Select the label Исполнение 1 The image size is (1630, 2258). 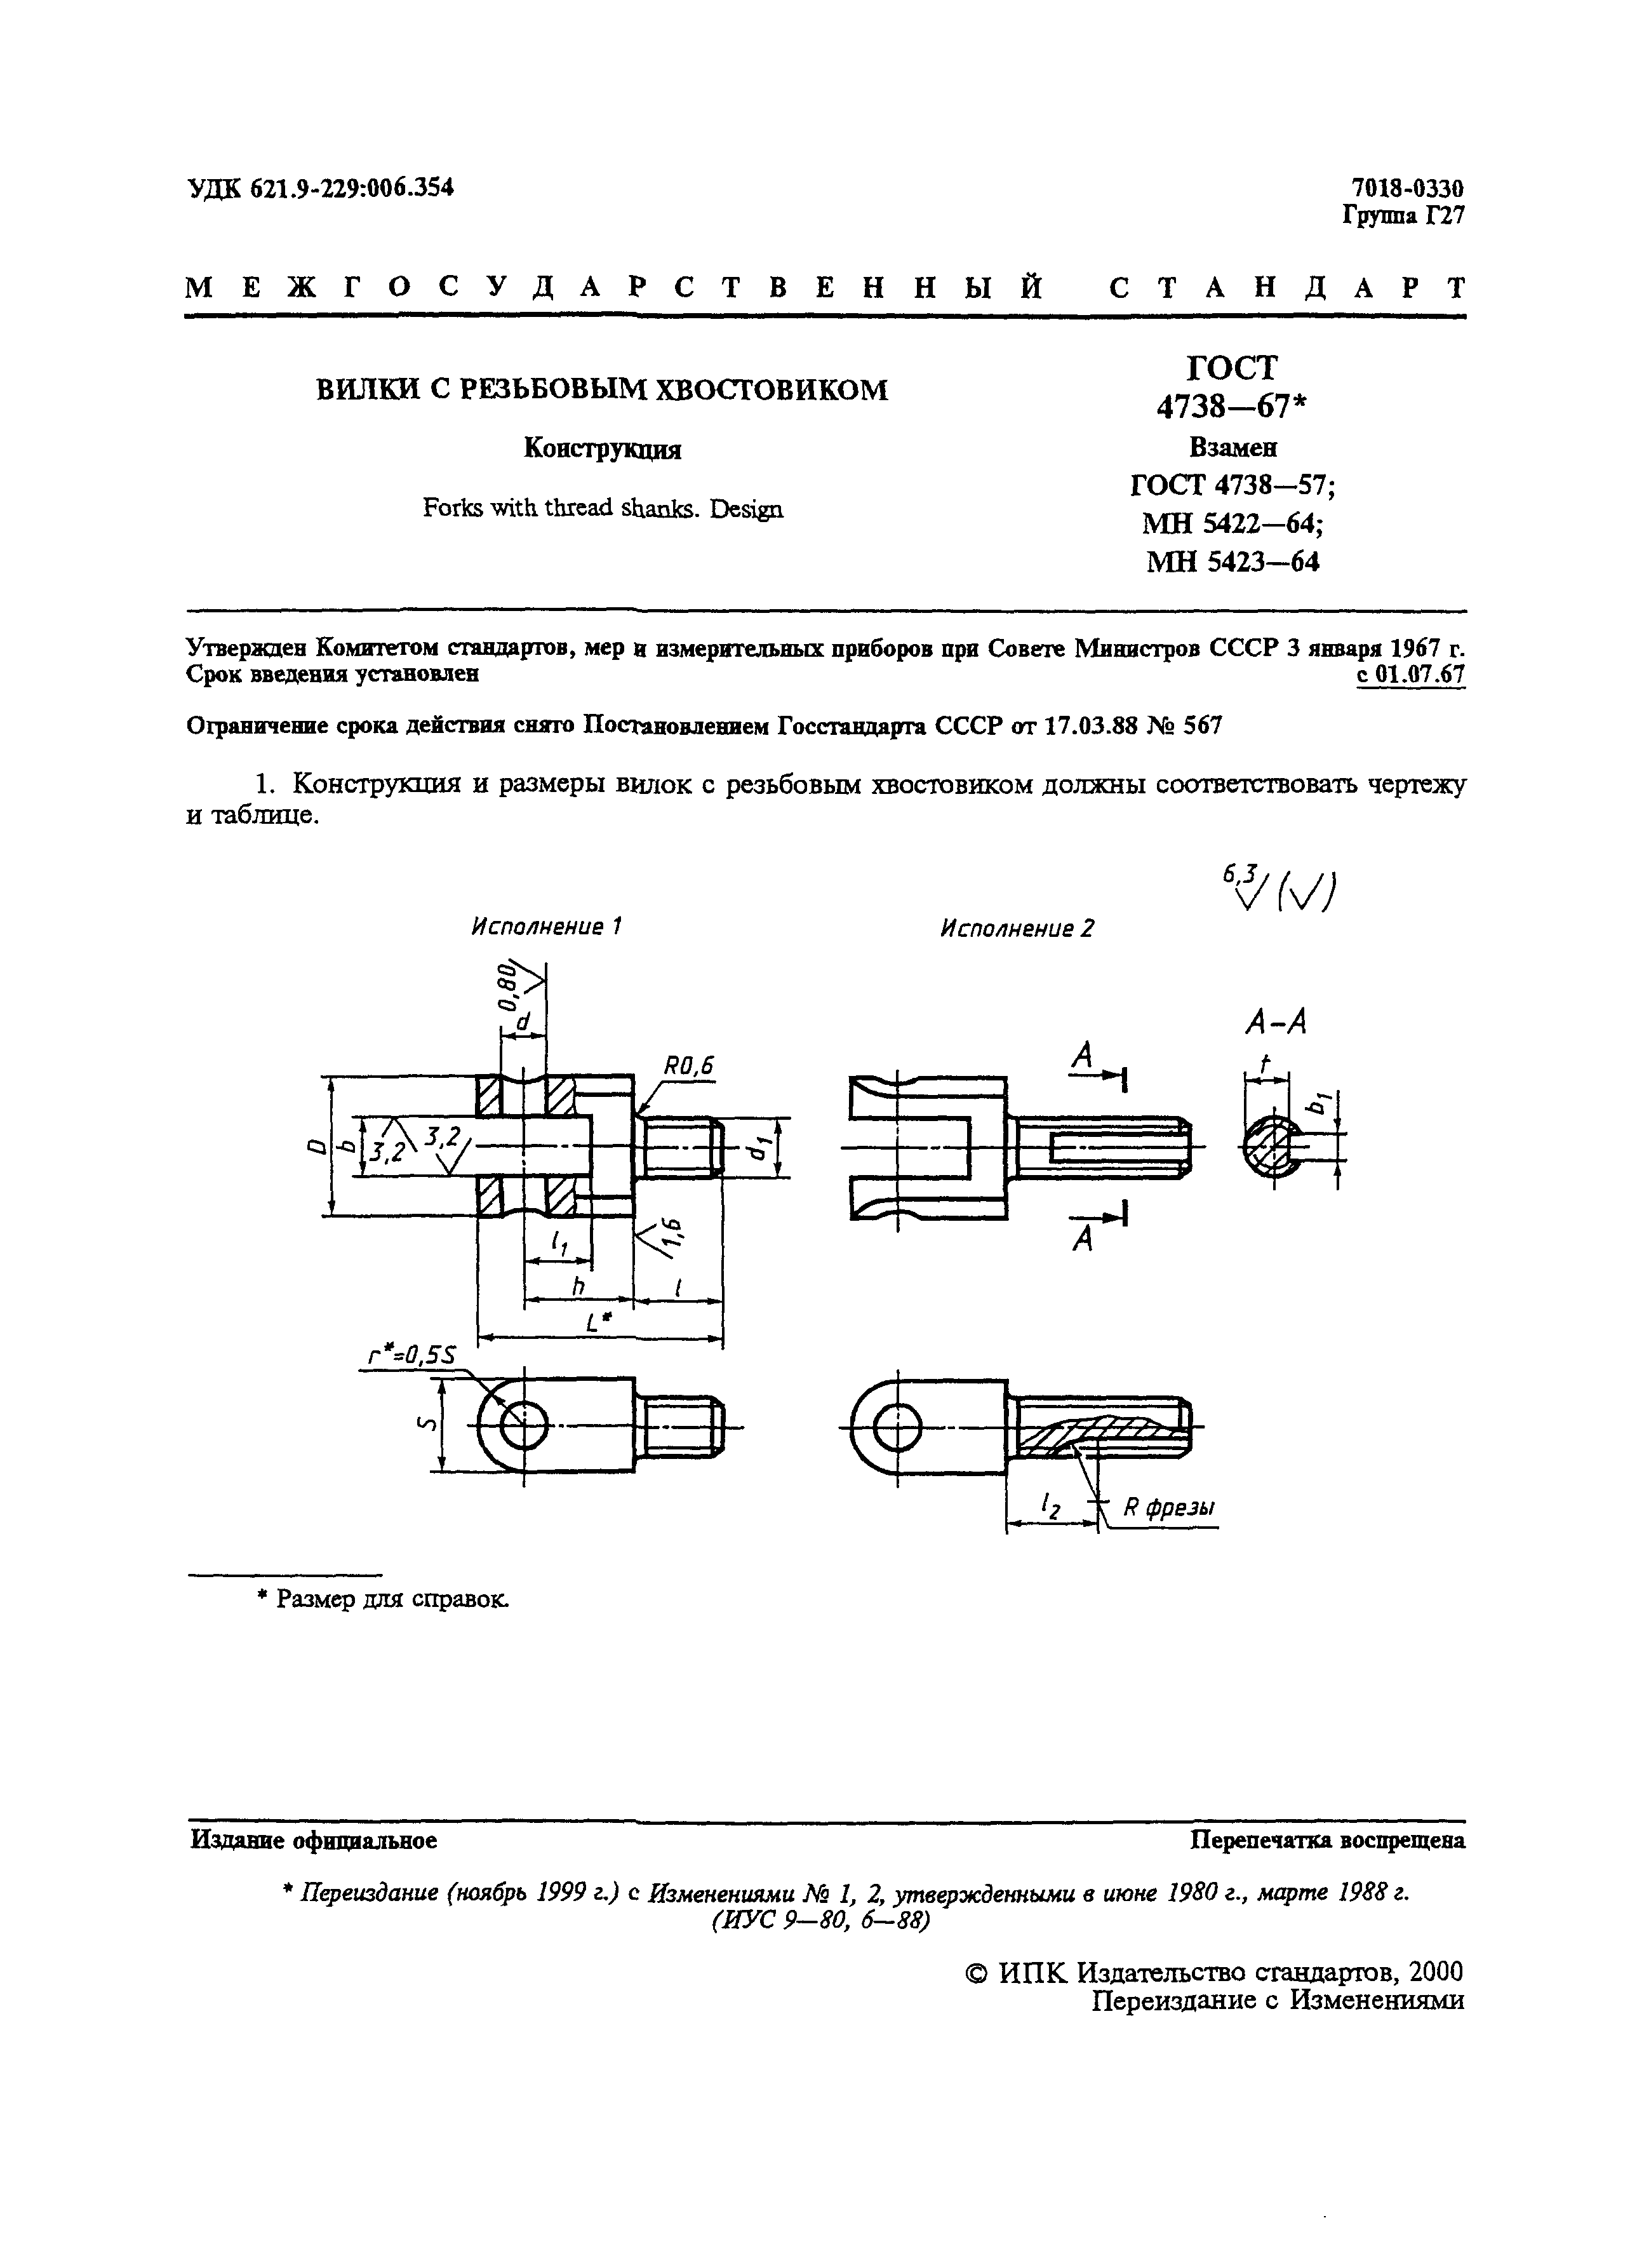[x=546, y=927]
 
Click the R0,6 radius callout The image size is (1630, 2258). [x=688, y=1066]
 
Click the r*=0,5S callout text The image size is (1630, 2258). [x=412, y=1356]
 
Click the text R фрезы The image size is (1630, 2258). [x=1168, y=1509]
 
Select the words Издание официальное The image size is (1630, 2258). [x=312, y=1841]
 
